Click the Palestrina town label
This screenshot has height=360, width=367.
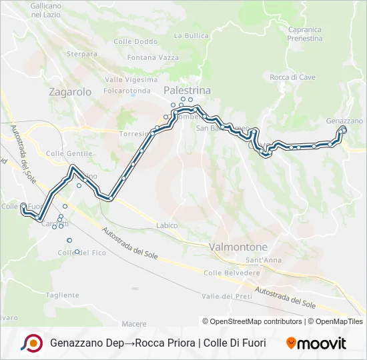tap(188, 90)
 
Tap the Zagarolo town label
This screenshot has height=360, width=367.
tap(70, 93)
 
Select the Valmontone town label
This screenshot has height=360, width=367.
tap(238, 247)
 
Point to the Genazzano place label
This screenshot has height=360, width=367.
tap(344, 121)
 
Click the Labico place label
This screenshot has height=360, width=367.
tap(167, 225)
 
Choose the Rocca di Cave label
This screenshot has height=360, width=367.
tap(292, 77)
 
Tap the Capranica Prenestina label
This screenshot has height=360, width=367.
tap(305, 34)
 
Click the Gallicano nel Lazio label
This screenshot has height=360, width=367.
tap(46, 10)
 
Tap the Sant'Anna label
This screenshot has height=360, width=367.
tap(263, 259)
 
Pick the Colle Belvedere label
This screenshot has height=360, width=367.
tap(232, 273)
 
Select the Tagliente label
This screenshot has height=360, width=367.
tap(63, 295)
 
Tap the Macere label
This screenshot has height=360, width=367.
tap(134, 323)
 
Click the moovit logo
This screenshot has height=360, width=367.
tap(316, 343)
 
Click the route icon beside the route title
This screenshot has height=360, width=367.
tap(32, 343)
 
